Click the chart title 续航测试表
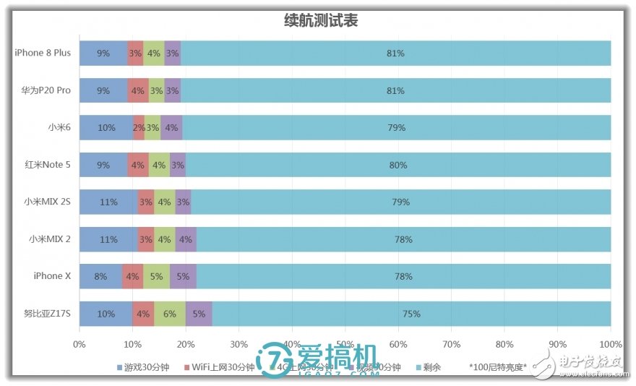[x=321, y=21]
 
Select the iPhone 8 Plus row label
[x=43, y=53]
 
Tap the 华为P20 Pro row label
[x=46, y=90]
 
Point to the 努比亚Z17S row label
[x=47, y=314]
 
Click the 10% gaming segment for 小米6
[x=106, y=128]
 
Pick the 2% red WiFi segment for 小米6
[x=139, y=128]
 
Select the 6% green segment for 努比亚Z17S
[x=170, y=314]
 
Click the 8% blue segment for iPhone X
[x=100, y=276]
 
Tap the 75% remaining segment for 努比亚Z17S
[x=411, y=314]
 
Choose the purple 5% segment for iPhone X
[x=183, y=276]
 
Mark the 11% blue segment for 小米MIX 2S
[x=108, y=202]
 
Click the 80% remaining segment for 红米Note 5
[x=398, y=165]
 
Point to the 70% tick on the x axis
[x=451, y=344]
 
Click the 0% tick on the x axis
[x=79, y=344]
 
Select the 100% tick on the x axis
[x=611, y=344]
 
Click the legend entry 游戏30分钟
[x=145, y=367]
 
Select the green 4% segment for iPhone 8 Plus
[x=153, y=53]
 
